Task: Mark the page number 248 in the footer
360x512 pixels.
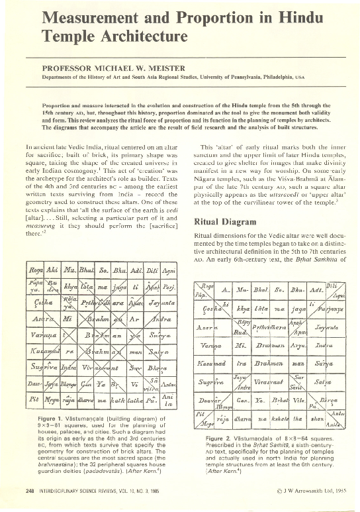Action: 29,501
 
